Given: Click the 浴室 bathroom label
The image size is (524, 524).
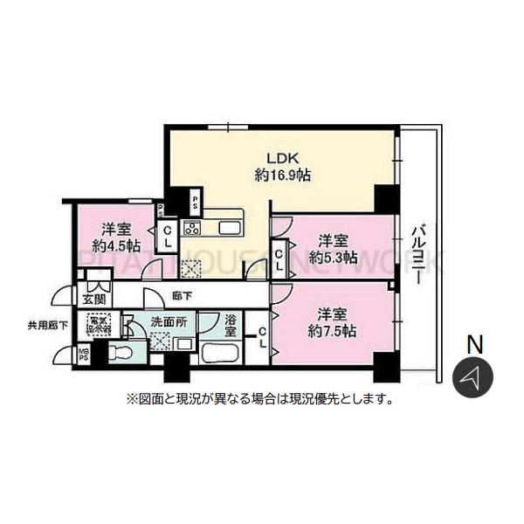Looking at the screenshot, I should tap(230, 325).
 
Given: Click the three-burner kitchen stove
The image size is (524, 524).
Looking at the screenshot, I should tap(192, 229).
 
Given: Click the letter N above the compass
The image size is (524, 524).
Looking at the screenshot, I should tap(475, 344).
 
